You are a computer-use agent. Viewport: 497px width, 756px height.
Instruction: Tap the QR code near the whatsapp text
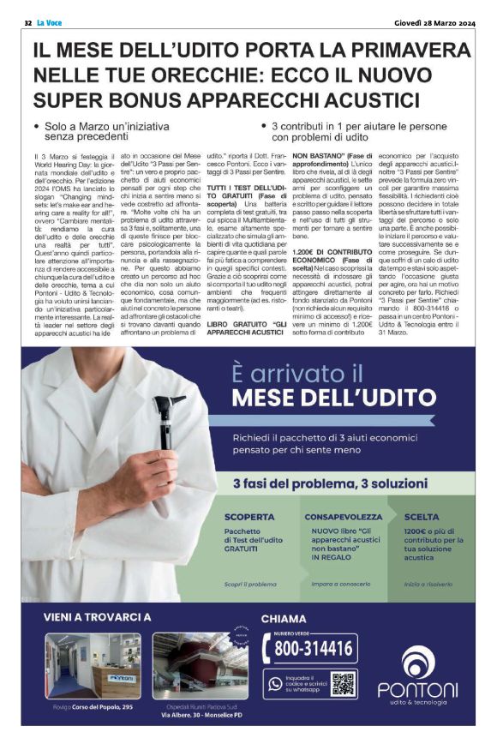[343, 684]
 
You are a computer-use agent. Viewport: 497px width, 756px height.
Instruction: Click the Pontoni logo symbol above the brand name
[418, 661]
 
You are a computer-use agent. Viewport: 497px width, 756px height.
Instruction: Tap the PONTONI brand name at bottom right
[418, 689]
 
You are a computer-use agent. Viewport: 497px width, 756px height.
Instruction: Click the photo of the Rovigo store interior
[93, 666]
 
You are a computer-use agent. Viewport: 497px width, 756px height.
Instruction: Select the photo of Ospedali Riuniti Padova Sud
[200, 666]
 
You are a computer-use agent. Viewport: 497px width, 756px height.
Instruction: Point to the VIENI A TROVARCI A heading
[97, 617]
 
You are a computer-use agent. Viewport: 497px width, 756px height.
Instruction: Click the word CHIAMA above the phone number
[284, 618]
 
